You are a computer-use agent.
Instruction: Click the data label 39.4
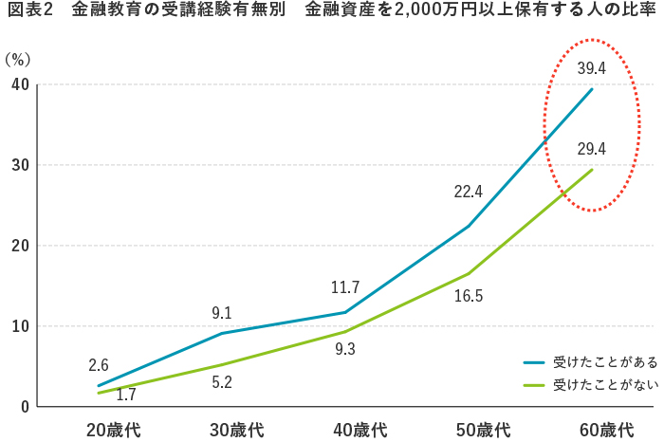click(x=591, y=67)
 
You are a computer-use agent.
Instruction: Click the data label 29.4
click(x=591, y=148)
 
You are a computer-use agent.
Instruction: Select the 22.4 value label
click(x=469, y=192)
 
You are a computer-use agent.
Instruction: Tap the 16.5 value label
click(x=469, y=296)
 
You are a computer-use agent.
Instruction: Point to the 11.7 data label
click(x=344, y=286)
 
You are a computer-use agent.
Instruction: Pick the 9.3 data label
click(x=344, y=349)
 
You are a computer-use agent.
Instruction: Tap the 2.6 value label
click(x=99, y=364)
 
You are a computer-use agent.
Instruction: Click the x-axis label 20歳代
click(x=113, y=430)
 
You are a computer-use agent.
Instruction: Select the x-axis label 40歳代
click(x=360, y=430)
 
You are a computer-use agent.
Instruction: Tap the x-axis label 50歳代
click(x=483, y=430)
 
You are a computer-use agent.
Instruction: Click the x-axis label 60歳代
click(x=606, y=430)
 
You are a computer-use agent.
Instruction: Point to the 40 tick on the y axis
click(x=19, y=85)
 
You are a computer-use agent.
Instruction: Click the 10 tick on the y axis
click(x=19, y=326)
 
